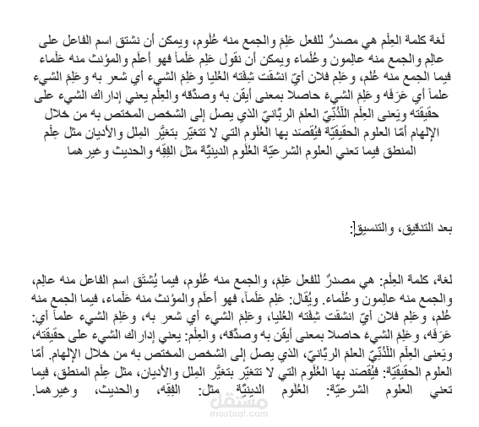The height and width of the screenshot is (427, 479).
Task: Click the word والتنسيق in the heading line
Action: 367,230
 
